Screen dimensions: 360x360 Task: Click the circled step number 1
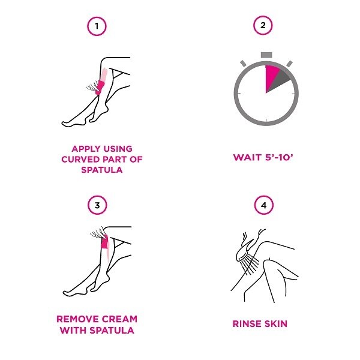97,26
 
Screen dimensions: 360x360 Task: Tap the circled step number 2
263,25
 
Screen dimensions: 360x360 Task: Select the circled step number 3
97,205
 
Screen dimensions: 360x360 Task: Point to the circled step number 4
264,205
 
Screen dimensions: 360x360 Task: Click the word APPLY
86,149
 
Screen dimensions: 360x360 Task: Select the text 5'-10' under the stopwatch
279,157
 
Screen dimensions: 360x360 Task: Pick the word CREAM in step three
119,319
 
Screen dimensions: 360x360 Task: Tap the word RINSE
247,324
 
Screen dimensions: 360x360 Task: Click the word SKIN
276,324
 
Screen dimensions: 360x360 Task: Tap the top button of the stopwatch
266,55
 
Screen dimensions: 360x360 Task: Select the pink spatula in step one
100,87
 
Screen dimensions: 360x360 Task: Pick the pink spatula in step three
104,242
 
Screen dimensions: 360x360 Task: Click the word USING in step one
118,149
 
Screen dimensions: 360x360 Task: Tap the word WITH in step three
73,331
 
